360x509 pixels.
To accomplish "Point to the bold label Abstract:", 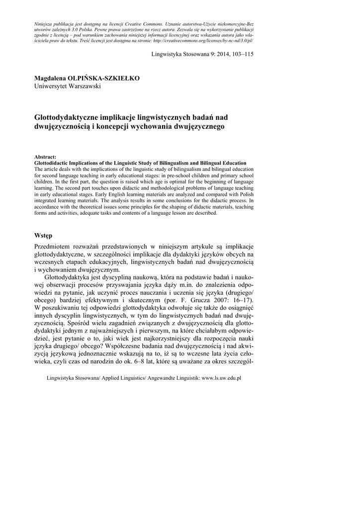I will point(45,157).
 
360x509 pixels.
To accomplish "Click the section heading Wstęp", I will point(43,234).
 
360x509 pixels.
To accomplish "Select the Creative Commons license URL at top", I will point(212,41).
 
